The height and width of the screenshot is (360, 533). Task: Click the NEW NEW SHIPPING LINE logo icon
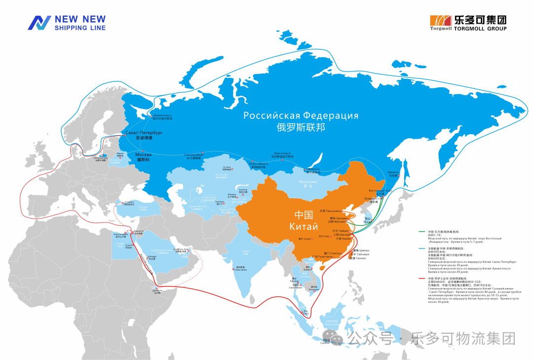coord(39,23)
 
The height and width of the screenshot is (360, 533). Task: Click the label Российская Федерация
coord(301,116)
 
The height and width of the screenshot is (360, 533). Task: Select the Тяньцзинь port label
coord(330,211)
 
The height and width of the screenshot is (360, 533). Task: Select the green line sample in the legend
coord(422,231)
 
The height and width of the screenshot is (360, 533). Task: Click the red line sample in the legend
coord(422,278)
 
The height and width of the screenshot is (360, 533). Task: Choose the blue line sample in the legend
coord(422,249)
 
